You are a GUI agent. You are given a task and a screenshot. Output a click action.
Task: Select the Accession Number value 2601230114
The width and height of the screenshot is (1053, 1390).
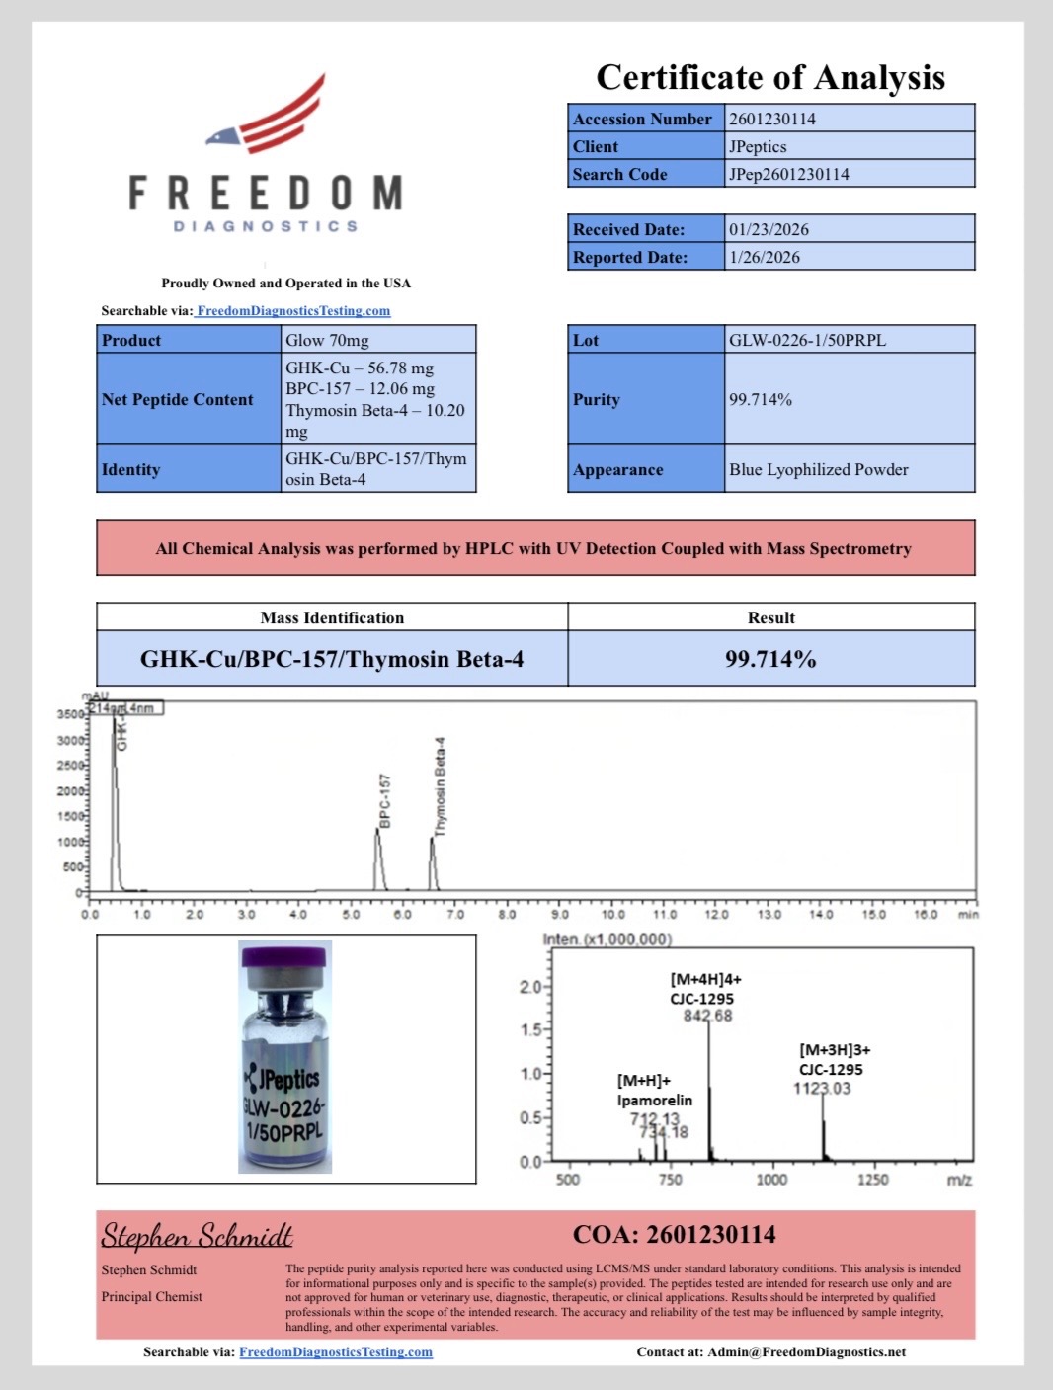pos(772,119)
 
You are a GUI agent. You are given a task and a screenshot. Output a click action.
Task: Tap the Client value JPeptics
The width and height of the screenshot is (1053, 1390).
pos(758,146)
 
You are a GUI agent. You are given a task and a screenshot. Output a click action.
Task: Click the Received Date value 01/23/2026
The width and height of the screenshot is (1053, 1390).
pos(769,229)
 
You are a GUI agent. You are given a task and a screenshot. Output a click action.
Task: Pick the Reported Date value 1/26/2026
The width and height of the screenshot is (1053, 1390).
pos(765,257)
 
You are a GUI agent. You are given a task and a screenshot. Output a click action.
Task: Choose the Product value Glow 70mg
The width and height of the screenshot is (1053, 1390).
pos(327,340)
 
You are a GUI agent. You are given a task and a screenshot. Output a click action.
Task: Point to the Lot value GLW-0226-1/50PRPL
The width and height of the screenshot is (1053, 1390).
pos(807,340)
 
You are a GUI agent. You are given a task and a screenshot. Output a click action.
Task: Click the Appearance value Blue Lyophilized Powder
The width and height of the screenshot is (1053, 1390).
pos(818,469)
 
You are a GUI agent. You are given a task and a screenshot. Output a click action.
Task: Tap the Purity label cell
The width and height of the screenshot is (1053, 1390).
pos(597,399)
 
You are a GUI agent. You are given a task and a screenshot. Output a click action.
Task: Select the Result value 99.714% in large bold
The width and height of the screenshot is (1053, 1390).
pos(770,659)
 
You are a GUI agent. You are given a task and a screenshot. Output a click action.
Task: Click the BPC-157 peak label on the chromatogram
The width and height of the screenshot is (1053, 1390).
pos(385,800)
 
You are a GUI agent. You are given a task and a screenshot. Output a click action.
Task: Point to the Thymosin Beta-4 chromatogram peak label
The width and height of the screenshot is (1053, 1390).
pos(441,786)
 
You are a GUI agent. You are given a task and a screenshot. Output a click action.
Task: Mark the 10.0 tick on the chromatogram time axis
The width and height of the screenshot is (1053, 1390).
pos(612,915)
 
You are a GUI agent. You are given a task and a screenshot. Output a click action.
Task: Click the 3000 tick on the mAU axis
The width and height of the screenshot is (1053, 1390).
pos(71,740)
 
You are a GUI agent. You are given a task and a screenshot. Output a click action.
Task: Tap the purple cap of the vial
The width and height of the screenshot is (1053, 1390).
pos(284,955)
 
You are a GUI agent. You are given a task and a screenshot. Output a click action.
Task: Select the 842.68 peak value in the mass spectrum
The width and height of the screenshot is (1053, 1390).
pos(707,1016)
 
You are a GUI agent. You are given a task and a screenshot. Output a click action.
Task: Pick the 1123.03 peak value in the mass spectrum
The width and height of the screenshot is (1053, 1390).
pos(821,1088)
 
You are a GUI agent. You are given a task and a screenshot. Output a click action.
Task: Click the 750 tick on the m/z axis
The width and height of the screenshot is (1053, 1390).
pos(670,1179)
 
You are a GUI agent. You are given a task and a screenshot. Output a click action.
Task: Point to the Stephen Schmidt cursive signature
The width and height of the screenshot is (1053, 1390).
pos(197,1235)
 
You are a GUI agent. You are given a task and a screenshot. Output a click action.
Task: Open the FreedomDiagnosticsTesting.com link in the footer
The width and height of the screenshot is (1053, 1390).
pos(336,1351)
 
